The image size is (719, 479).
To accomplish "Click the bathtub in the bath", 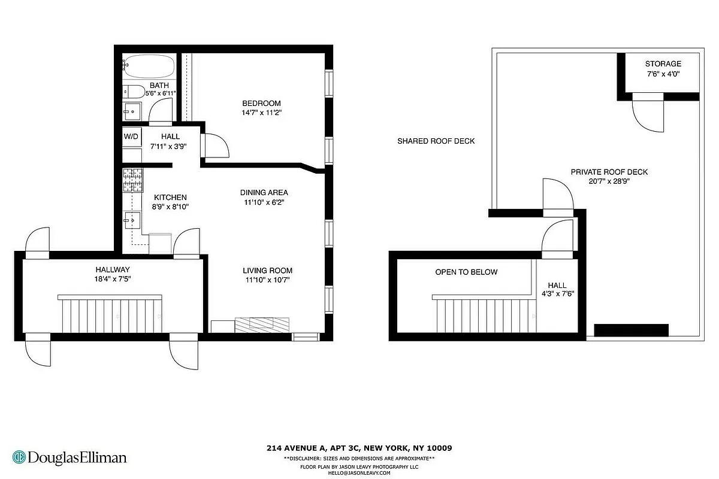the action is coord(149,66).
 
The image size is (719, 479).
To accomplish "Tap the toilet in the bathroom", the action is coord(134,92).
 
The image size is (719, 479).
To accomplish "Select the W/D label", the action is coord(131,137).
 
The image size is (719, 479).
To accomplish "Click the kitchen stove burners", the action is coord(132,180).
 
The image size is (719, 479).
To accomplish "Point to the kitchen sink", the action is coord(132,220).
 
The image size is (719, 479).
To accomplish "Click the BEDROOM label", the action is coord(261,104).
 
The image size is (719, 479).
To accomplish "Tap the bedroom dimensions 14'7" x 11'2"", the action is coord(261,113).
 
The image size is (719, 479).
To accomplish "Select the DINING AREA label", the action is coord(264,193).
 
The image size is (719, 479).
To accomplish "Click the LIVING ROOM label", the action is coord(267,271).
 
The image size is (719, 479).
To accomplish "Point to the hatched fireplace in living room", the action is coord(262,325).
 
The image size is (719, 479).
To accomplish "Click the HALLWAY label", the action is coord(113,269).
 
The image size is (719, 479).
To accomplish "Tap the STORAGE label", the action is coord(663,64).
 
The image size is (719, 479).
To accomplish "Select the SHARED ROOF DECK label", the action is coord(436,141).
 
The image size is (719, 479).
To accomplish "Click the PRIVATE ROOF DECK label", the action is coord(609,172).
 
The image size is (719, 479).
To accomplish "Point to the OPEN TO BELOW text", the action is coord(466,272).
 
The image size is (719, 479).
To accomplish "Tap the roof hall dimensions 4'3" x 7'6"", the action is coord(558,293).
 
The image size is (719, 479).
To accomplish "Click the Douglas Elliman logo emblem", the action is coord(19,457).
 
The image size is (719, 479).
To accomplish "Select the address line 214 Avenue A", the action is coord(359,448).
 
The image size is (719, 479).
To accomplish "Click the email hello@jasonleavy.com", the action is coord(359,473).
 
